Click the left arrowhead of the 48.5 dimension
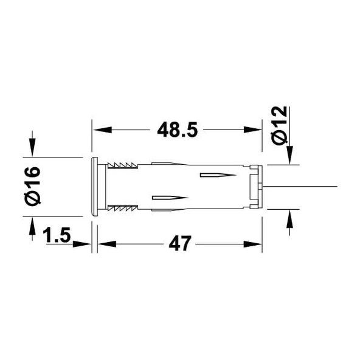tap(99, 130)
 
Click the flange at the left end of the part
tap(94, 185)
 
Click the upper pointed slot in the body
tap(216, 176)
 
